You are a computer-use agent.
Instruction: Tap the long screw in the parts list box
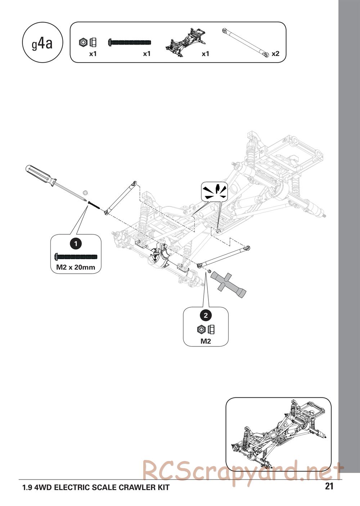[130, 42]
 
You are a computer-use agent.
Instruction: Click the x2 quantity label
[275, 54]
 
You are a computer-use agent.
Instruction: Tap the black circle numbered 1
[76, 244]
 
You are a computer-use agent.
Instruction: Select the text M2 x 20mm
[76, 267]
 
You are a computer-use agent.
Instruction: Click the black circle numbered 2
[206, 316]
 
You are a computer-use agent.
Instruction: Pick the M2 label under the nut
[206, 341]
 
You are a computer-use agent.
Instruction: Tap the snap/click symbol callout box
[215, 191]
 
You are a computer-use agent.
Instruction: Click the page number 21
[329, 487]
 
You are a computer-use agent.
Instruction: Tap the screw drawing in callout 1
[76, 257]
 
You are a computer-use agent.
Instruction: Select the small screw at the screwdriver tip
[93, 205]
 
